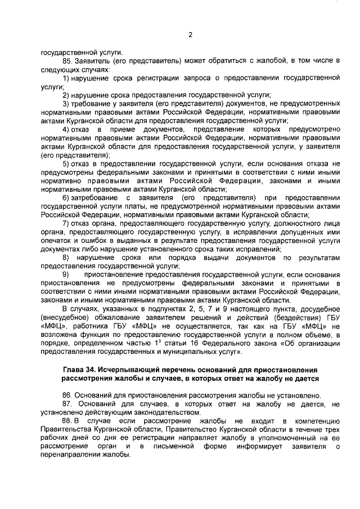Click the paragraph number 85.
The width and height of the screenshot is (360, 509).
tap(68, 61)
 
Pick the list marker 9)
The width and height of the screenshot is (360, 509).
tap(66, 274)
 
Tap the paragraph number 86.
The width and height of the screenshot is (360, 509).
tap(68, 395)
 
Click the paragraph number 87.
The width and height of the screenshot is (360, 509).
tap(68, 404)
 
